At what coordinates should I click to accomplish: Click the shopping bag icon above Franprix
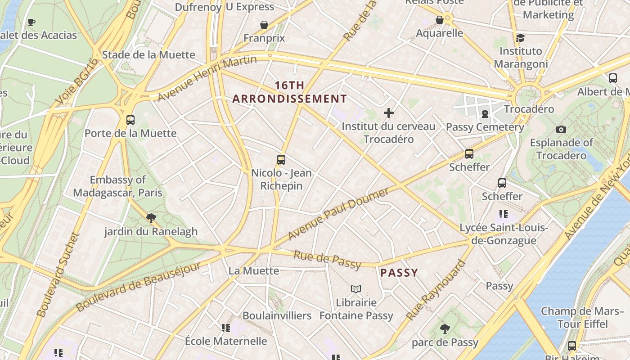pyautogui.click(x=264, y=25)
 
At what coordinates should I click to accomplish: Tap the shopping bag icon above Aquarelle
pyautogui.click(x=440, y=20)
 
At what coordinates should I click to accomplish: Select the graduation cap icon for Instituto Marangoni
pyautogui.click(x=521, y=38)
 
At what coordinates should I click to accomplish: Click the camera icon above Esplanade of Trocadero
pyautogui.click(x=561, y=130)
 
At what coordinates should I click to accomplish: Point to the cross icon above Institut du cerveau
pyautogui.click(x=389, y=113)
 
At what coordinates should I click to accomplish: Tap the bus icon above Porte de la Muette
pyautogui.click(x=130, y=120)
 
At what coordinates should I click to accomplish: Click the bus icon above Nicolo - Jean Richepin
pyautogui.click(x=281, y=160)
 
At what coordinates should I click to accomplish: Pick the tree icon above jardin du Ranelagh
pyautogui.click(x=151, y=218)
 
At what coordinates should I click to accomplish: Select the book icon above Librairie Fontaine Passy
pyautogui.click(x=356, y=289)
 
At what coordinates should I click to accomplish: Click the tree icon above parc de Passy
pyautogui.click(x=445, y=329)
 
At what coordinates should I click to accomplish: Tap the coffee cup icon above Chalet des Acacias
pyautogui.click(x=31, y=22)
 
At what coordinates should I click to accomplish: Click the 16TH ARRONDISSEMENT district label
pyautogui.click(x=289, y=92)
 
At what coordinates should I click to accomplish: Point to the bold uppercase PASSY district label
pyautogui.click(x=399, y=273)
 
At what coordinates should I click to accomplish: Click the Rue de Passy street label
pyautogui.click(x=327, y=260)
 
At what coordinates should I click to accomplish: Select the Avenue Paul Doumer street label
pyautogui.click(x=338, y=214)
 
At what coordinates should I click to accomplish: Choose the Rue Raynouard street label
pyautogui.click(x=435, y=290)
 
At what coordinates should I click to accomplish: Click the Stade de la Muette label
pyautogui.click(x=148, y=55)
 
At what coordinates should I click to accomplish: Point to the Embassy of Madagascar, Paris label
pyautogui.click(x=117, y=186)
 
